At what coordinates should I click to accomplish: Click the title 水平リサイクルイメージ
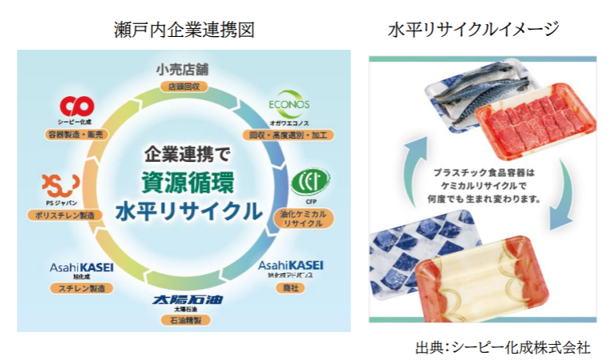click(x=473, y=30)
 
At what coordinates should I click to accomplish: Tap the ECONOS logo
click(x=289, y=106)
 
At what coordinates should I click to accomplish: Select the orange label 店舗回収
click(x=184, y=87)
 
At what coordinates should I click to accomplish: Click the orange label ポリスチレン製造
click(x=64, y=216)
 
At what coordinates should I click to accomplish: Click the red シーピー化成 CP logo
click(x=77, y=106)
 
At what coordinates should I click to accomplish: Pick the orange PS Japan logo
click(x=60, y=185)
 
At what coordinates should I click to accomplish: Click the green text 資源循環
click(x=186, y=181)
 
